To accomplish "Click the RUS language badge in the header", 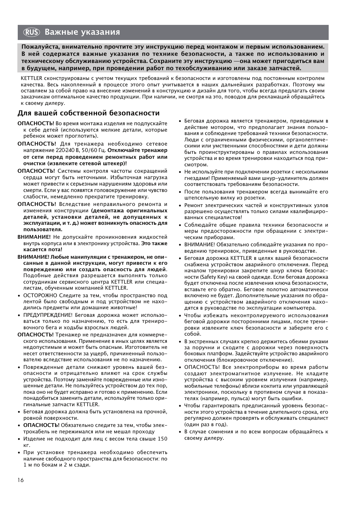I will point(31,32).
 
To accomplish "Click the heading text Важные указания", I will point(82,32).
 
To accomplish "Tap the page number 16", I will point(20,480).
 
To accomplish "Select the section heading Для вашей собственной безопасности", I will point(88,113).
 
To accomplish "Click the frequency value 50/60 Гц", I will point(95,150).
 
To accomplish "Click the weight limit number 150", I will point(162,439).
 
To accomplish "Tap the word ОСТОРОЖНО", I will point(39,295).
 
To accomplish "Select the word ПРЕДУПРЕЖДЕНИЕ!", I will point(48,315).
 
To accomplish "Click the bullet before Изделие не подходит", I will point(19,439).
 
